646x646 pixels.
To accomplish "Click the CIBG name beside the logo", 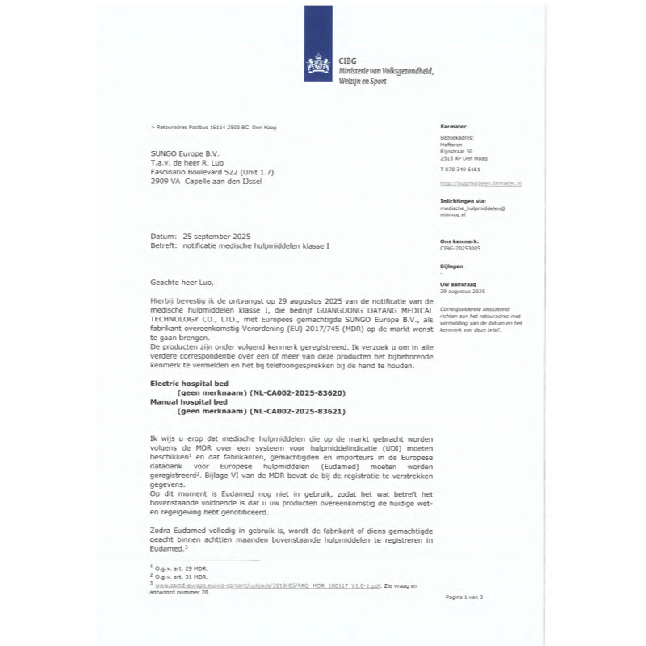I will pos(349,61).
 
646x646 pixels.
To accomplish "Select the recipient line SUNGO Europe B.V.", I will pos(184,153).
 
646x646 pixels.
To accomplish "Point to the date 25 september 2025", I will pos(217,236).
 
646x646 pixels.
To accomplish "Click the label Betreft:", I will pos(165,245).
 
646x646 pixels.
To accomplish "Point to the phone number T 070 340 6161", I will pos(460,170).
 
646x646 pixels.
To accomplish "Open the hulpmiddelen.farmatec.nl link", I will pos(481,184).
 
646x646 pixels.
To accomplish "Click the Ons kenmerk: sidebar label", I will pos(459,241).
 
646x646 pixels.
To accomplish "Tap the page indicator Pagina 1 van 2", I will pos(464,597).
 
